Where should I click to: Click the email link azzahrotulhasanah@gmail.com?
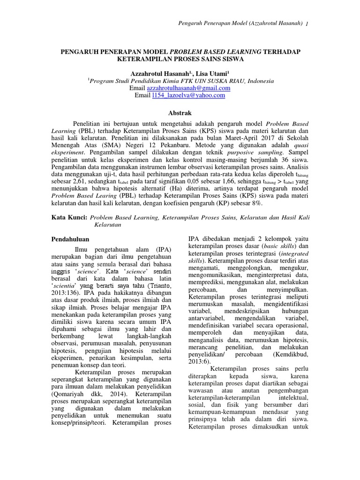coord(188,88)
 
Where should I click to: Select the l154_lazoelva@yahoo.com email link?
coord(187,95)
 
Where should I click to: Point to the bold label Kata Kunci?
coord(68,217)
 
